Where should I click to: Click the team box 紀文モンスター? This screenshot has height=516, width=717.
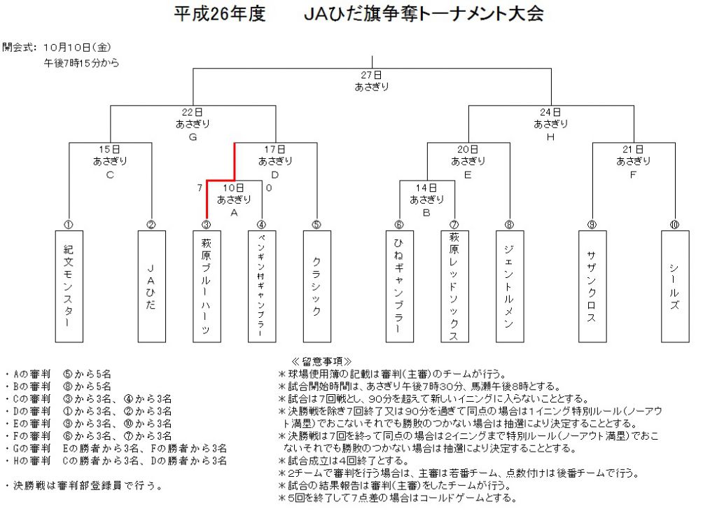click(x=69, y=286)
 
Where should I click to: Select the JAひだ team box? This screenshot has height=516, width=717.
click(x=152, y=286)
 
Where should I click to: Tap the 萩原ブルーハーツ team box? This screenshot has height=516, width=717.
click(x=207, y=286)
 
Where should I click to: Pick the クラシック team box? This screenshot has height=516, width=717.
click(x=317, y=286)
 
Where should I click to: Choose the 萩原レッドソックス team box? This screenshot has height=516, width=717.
click(x=454, y=286)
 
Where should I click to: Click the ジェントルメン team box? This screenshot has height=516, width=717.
click(x=510, y=286)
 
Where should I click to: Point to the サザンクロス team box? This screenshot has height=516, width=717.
click(x=592, y=286)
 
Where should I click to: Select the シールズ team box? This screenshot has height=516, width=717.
click(x=675, y=286)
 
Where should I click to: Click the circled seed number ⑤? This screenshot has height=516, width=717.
click(x=316, y=225)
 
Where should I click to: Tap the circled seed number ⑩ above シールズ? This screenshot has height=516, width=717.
click(x=674, y=225)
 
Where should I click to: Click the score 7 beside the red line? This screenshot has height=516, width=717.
click(x=200, y=188)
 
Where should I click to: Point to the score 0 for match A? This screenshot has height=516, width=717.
click(x=269, y=188)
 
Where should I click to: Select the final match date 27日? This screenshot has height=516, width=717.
click(x=371, y=75)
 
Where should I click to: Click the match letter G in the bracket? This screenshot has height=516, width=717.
click(x=193, y=137)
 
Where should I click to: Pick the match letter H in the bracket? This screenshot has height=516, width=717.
click(x=550, y=137)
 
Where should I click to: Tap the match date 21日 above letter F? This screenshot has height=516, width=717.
click(x=633, y=149)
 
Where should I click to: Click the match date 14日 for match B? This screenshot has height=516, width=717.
click(x=426, y=188)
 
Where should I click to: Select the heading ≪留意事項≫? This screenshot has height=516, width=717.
click(x=321, y=361)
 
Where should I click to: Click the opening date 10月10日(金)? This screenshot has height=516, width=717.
click(x=77, y=47)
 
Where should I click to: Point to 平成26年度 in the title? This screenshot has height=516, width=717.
click(x=219, y=14)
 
